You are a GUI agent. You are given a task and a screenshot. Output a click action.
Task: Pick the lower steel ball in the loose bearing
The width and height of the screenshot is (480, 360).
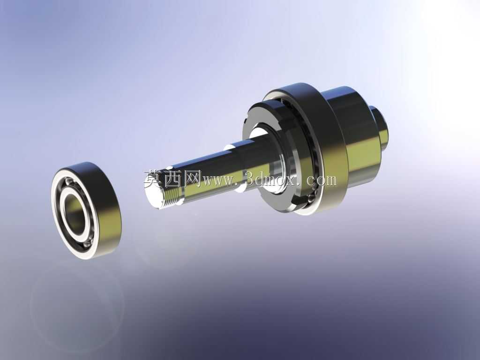[x=87, y=244]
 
